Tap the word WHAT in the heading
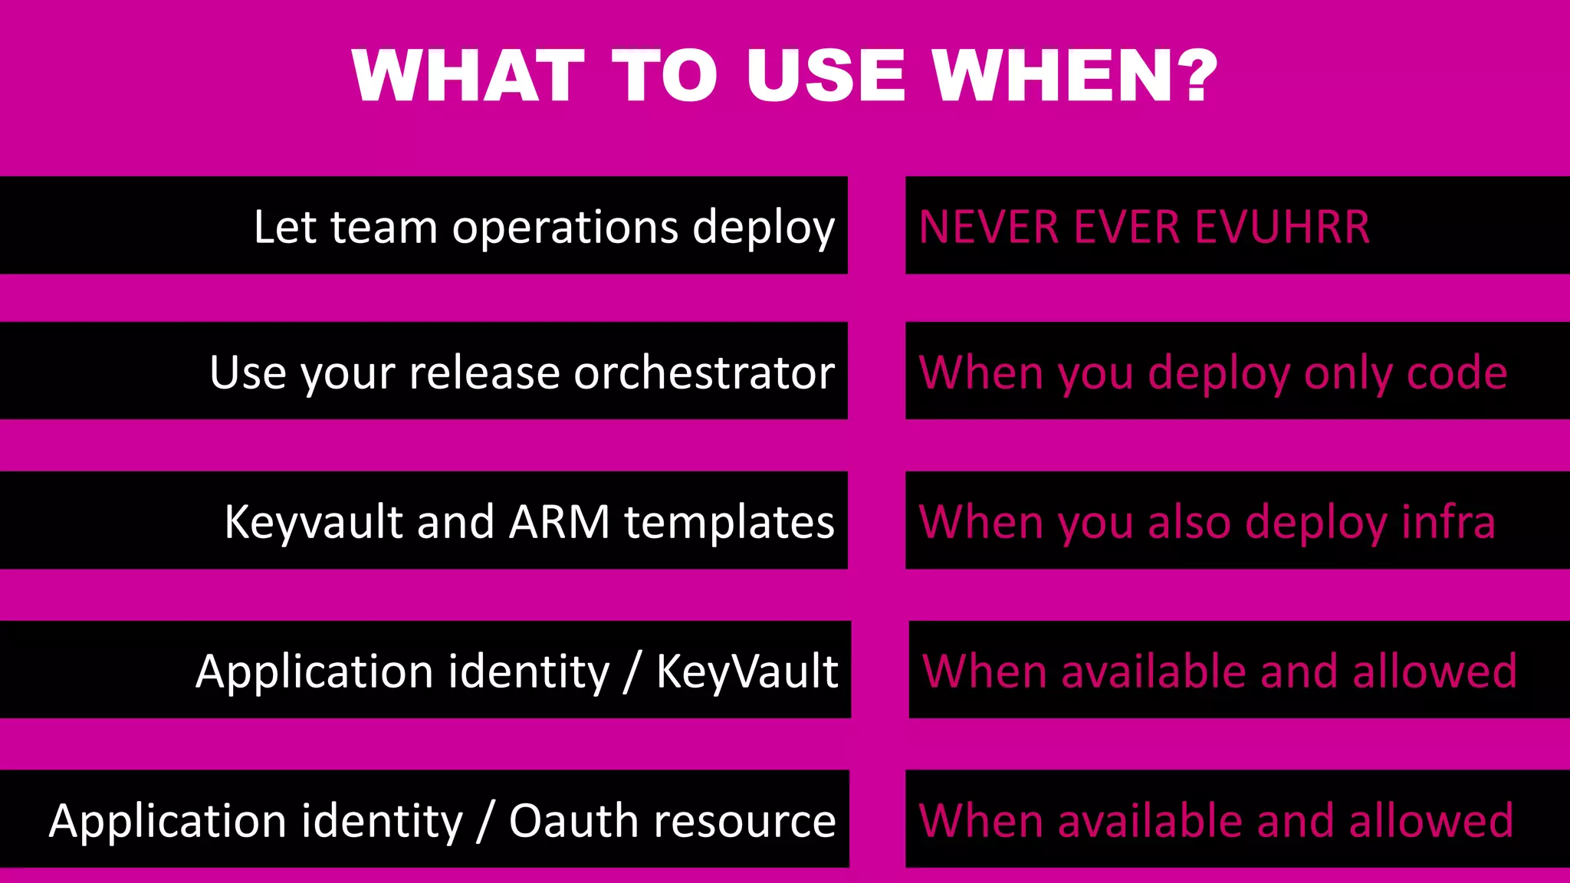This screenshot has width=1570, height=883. click(468, 75)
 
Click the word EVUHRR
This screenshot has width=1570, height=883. click(1282, 227)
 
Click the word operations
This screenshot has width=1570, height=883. click(565, 228)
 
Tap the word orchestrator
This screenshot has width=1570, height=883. click(704, 373)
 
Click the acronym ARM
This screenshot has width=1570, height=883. click(559, 522)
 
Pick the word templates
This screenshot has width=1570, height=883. click(729, 522)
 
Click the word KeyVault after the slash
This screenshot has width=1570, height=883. click(747, 671)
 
